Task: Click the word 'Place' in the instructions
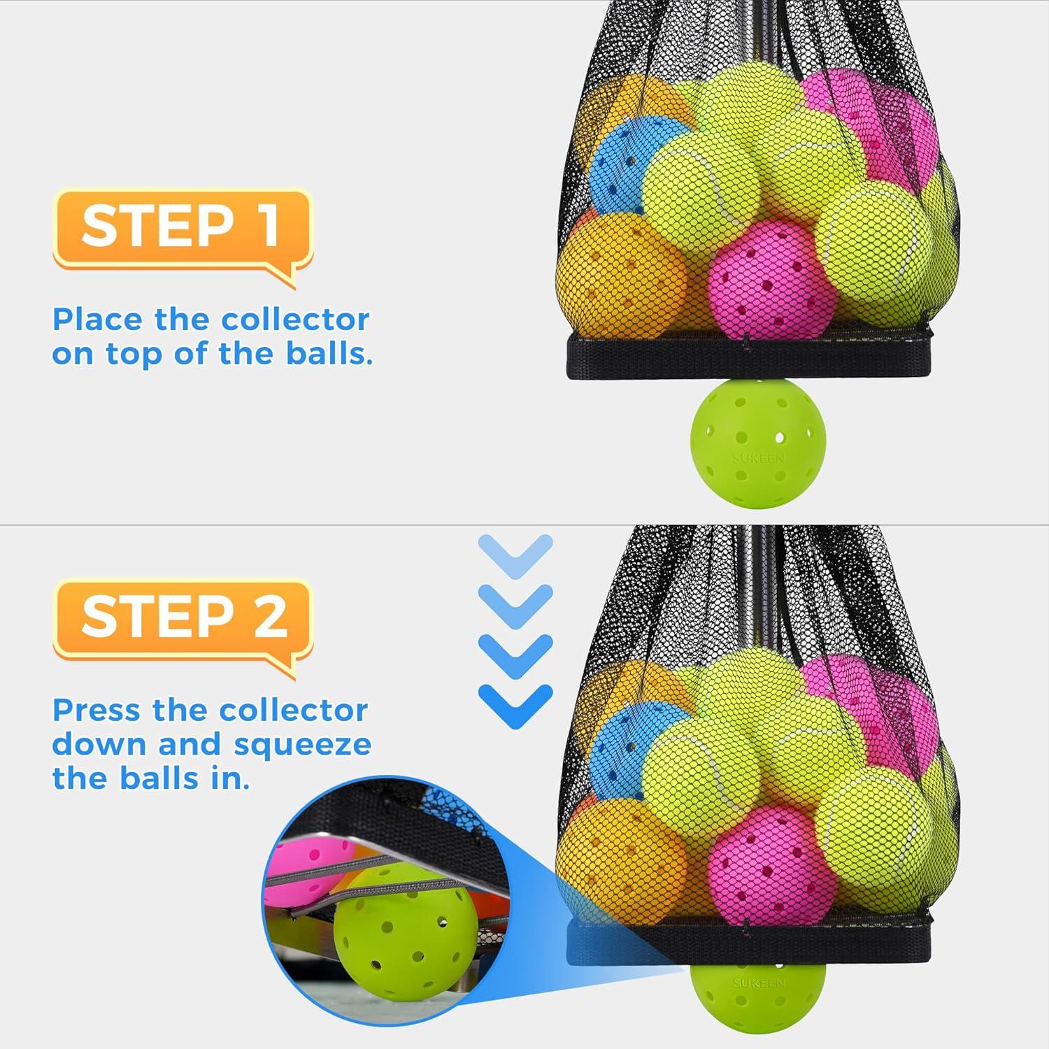(x=97, y=320)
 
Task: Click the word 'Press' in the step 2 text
(x=97, y=711)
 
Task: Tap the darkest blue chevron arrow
(x=516, y=706)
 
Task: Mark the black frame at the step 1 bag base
(x=749, y=357)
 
